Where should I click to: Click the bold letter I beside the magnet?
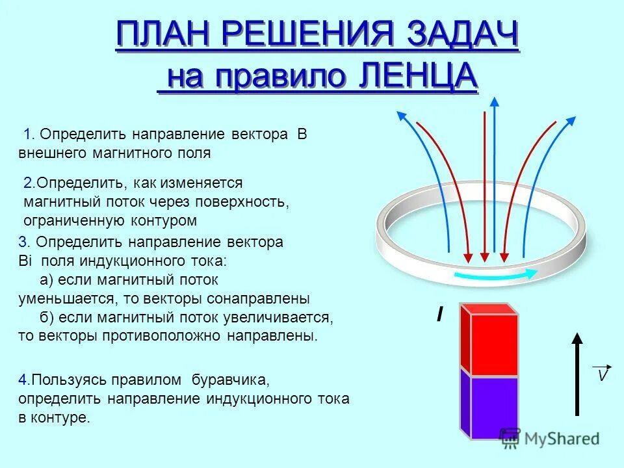tap(440, 316)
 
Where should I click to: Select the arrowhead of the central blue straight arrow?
tap(495, 102)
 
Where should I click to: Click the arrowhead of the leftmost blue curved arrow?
tap(400, 116)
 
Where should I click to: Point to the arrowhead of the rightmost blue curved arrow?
tap(571, 122)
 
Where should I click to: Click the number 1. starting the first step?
tap(29, 135)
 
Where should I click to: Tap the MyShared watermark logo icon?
tap(510, 437)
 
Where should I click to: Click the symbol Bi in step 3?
tap(25, 261)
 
